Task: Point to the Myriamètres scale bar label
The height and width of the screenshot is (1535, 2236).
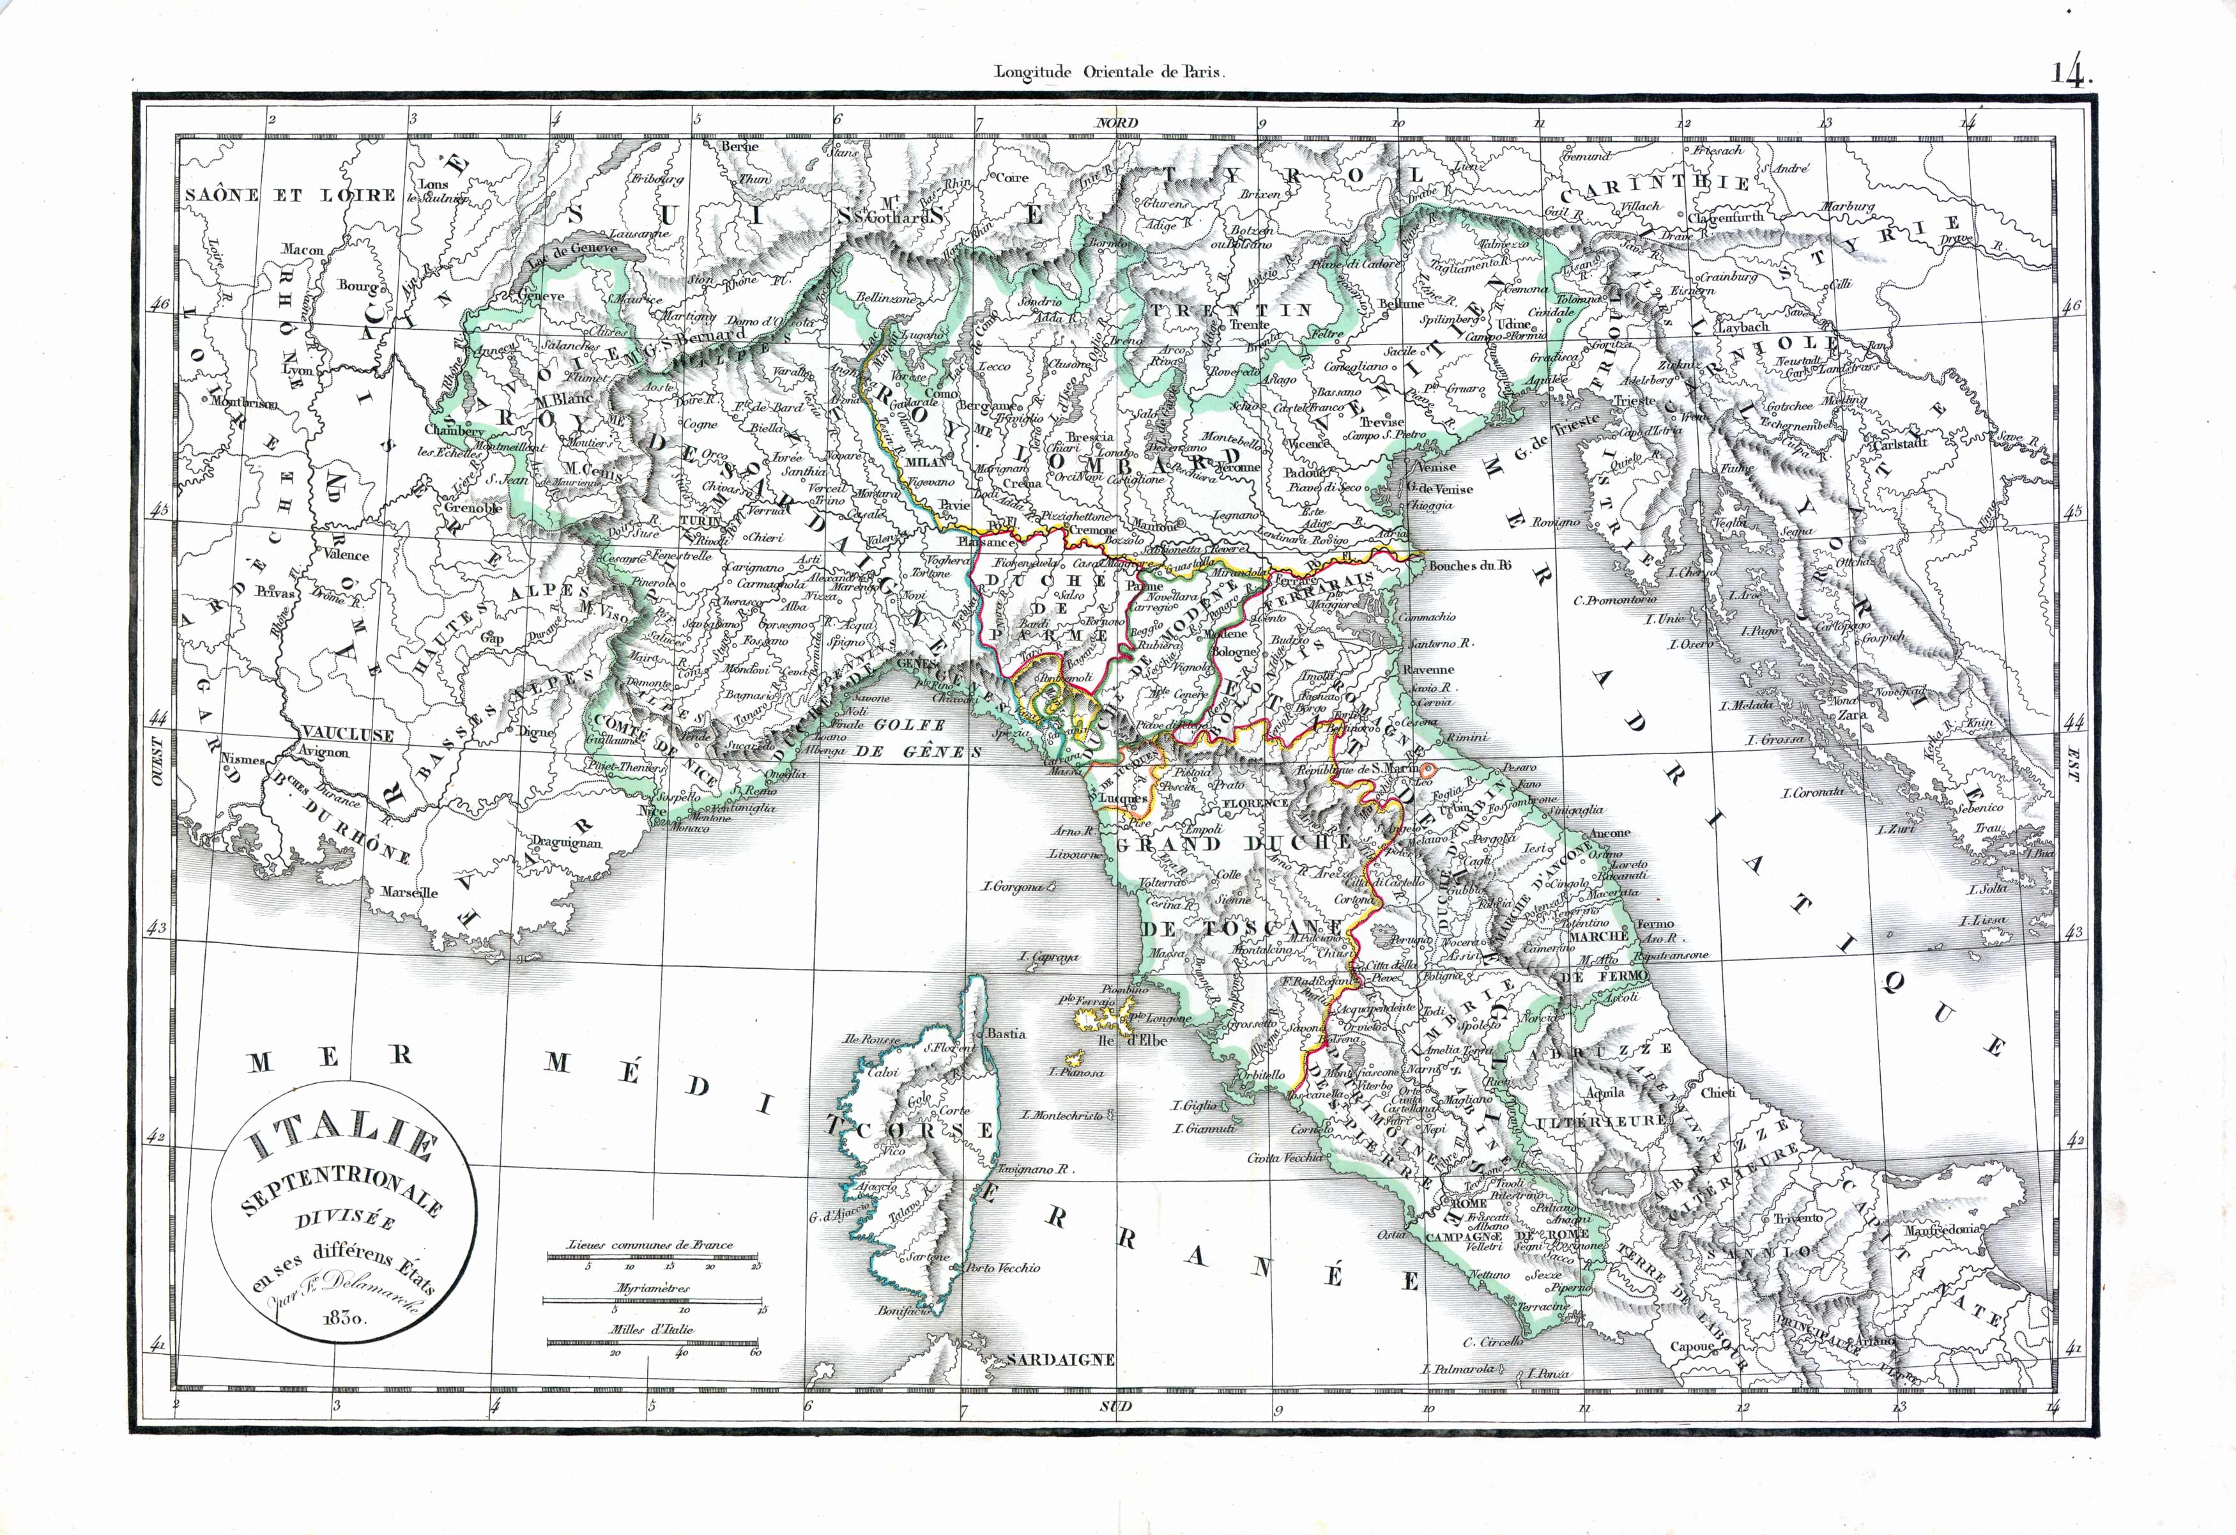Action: [x=652, y=1288]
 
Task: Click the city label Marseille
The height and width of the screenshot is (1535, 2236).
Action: [x=409, y=892]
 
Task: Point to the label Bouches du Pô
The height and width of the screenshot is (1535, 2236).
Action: [x=1470, y=566]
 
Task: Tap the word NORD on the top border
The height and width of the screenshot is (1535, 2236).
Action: [x=1117, y=122]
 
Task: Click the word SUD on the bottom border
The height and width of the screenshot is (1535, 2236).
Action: [x=1117, y=1406]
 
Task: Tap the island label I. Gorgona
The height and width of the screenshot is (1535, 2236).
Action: [x=1012, y=886]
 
